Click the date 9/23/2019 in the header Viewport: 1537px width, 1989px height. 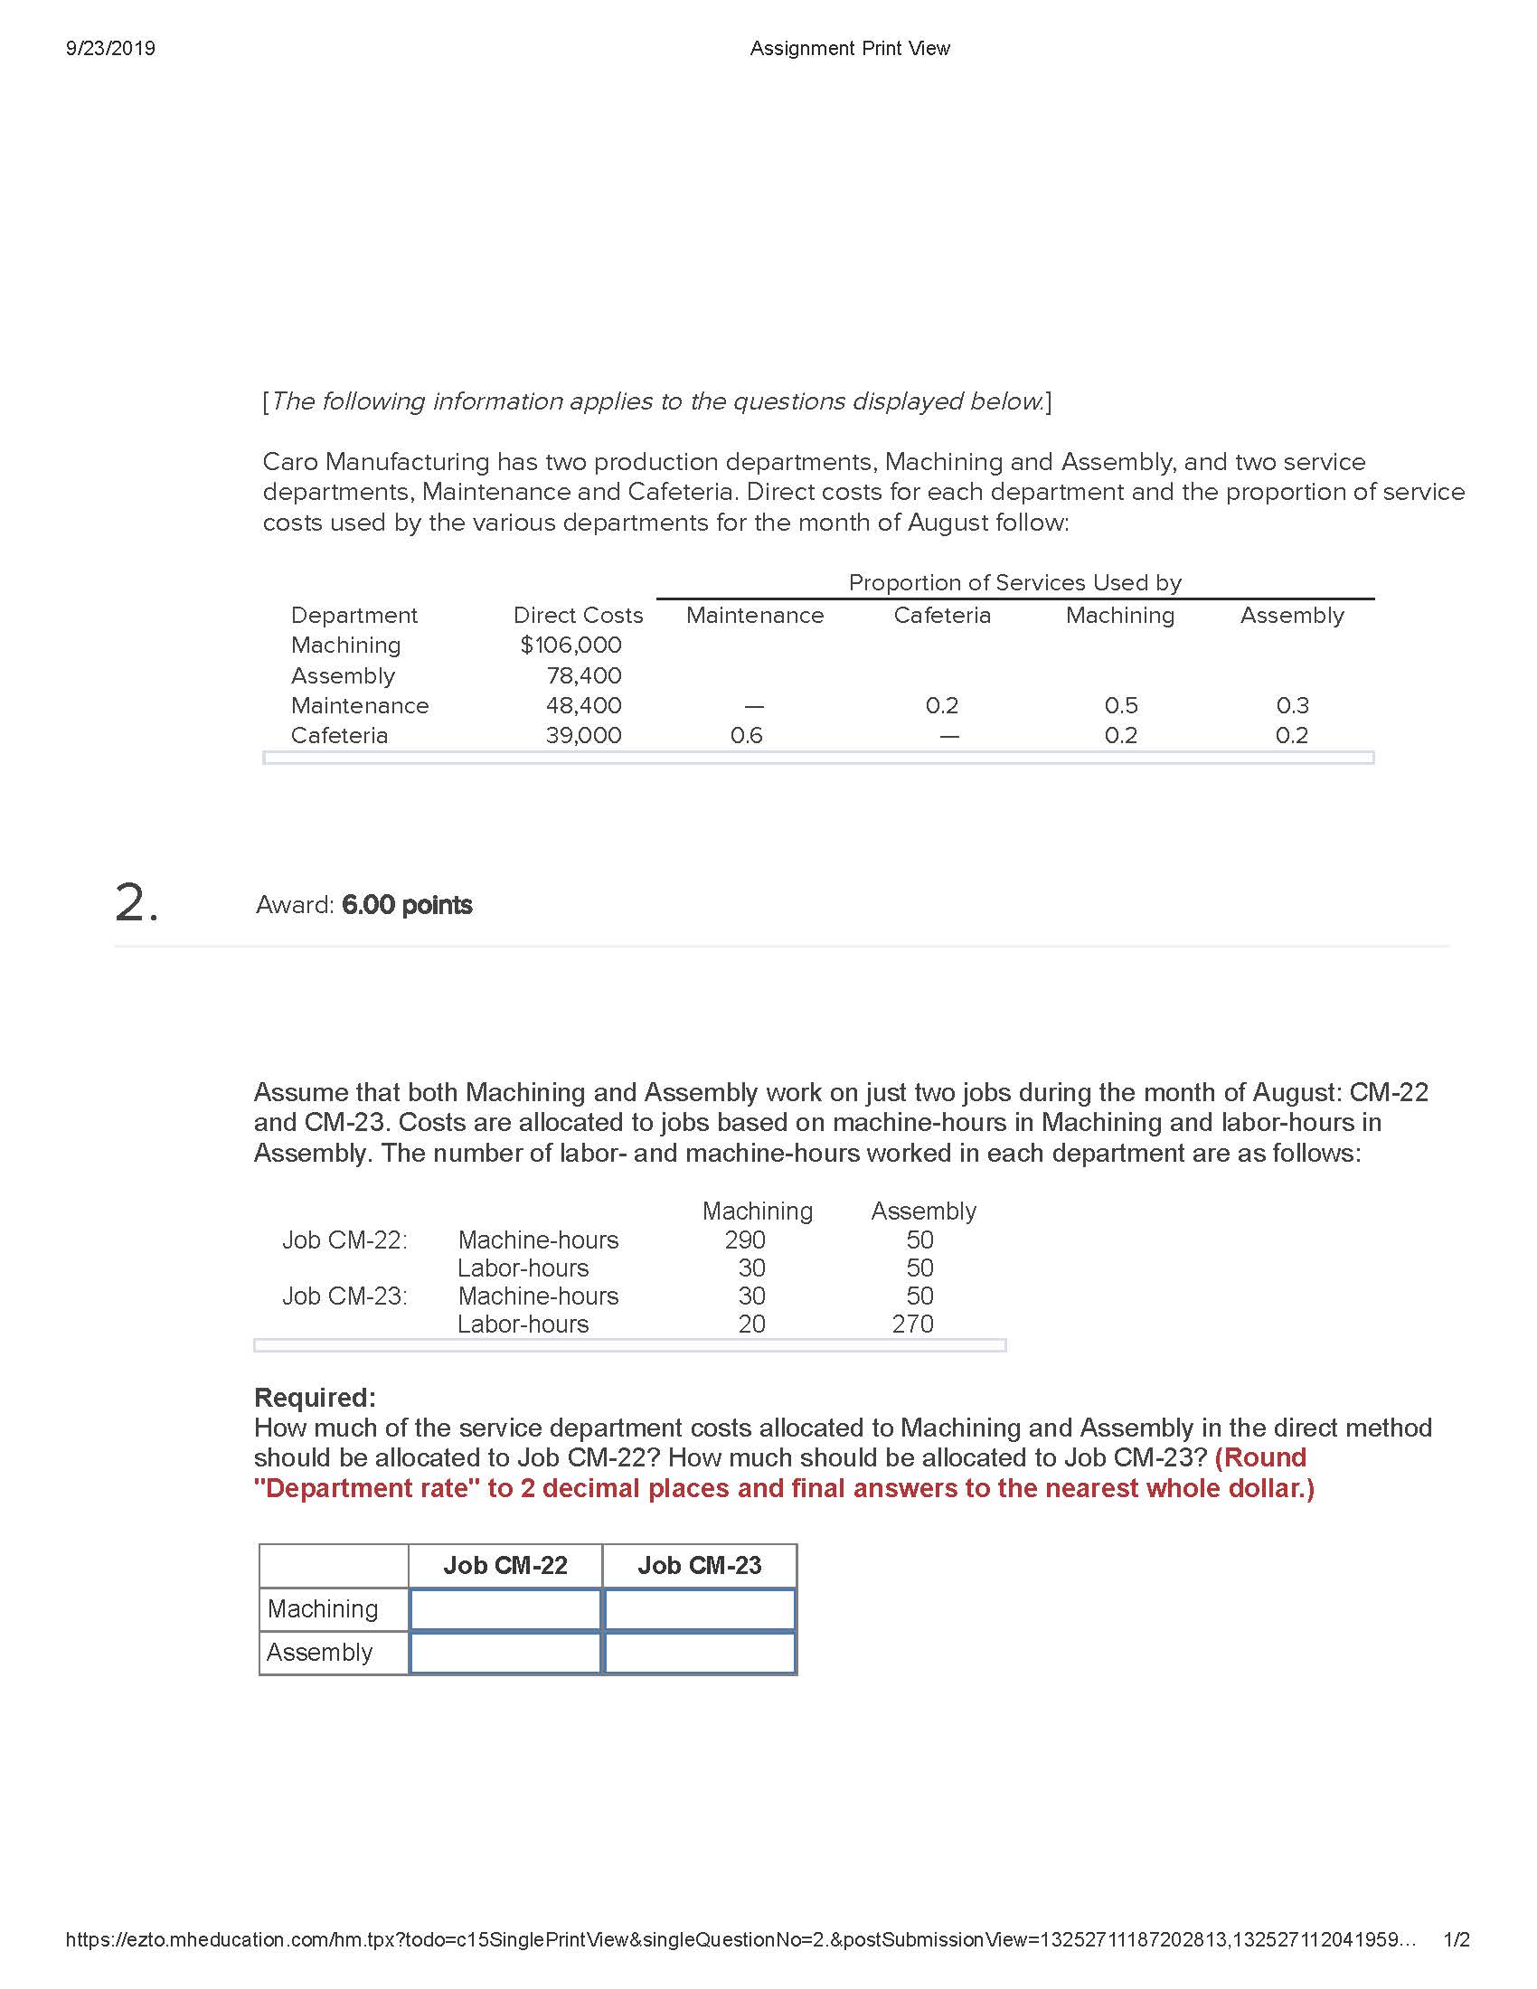coord(110,48)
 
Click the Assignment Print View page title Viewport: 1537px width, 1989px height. coord(849,48)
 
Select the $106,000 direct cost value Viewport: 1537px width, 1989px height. coord(570,645)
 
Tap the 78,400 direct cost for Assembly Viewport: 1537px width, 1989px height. coord(584,675)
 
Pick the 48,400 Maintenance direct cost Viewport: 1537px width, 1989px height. coord(584,706)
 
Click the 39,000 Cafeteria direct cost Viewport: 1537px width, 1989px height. coord(584,736)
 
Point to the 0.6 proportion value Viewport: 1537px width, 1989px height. coord(746,736)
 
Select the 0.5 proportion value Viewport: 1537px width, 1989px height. coord(1121,706)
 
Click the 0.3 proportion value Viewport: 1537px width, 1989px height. coord(1292,706)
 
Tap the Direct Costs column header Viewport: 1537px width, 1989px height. coord(578,616)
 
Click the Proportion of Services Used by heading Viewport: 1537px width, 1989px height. coord(1014,583)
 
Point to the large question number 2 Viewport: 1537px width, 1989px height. coord(137,904)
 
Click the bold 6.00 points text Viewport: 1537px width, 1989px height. coord(407,905)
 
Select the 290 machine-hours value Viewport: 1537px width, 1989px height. coord(745,1240)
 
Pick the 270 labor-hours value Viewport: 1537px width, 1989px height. coord(912,1324)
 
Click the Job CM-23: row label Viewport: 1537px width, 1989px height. coord(345,1296)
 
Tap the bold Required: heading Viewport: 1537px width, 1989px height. coord(314,1397)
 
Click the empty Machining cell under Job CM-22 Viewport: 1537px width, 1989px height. coord(505,1609)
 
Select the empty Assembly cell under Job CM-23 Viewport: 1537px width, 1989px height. coord(699,1653)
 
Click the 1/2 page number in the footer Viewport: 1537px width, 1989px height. coord(1457,1940)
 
